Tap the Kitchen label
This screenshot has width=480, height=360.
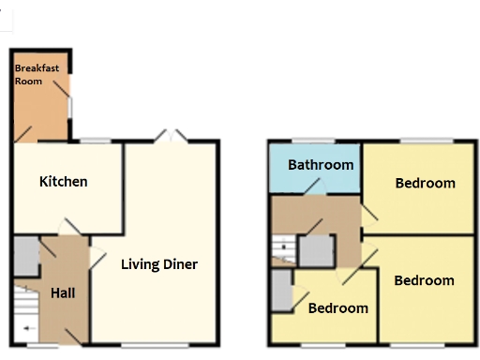point(63,181)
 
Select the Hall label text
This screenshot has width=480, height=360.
point(64,292)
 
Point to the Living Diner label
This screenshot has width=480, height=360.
point(159,263)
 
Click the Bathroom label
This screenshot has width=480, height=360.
point(321,165)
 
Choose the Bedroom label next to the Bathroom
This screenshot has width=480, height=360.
point(425,183)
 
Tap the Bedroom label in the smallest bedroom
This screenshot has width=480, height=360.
point(337,307)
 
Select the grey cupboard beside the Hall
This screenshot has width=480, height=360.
point(25,254)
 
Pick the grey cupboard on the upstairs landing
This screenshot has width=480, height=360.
point(316,249)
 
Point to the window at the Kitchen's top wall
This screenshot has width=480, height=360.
point(94,141)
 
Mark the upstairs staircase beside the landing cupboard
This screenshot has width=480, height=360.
point(282,248)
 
